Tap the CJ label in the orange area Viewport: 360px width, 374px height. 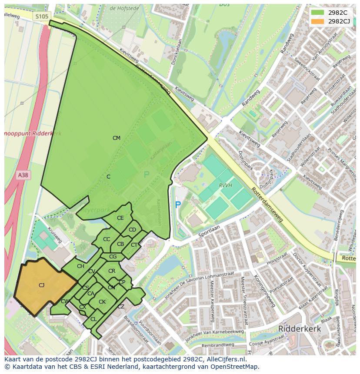[41, 285]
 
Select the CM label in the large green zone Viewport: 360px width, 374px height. [116, 138]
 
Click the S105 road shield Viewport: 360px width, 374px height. [42, 16]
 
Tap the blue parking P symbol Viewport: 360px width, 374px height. [177, 204]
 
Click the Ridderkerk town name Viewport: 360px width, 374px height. [300, 329]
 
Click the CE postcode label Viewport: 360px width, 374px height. [120, 218]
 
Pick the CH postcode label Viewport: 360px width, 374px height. [80, 266]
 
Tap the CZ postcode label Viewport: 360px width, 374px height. [121, 307]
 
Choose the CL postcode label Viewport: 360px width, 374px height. [93, 319]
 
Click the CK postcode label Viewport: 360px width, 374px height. [102, 302]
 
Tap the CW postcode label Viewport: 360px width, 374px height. [65, 301]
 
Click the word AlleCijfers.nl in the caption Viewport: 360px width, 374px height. [226, 359]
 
